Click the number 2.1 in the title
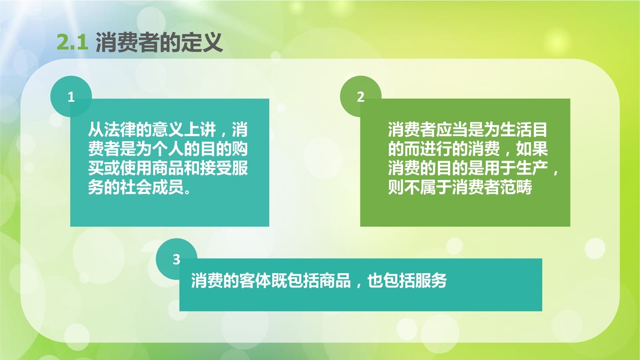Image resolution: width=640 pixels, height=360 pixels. [x=72, y=43]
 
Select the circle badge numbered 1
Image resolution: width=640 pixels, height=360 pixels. [x=71, y=97]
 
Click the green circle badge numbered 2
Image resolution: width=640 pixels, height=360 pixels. [x=360, y=97]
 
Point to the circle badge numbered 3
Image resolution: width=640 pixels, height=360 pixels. [x=176, y=259]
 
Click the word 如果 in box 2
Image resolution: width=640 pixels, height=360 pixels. [x=532, y=149]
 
